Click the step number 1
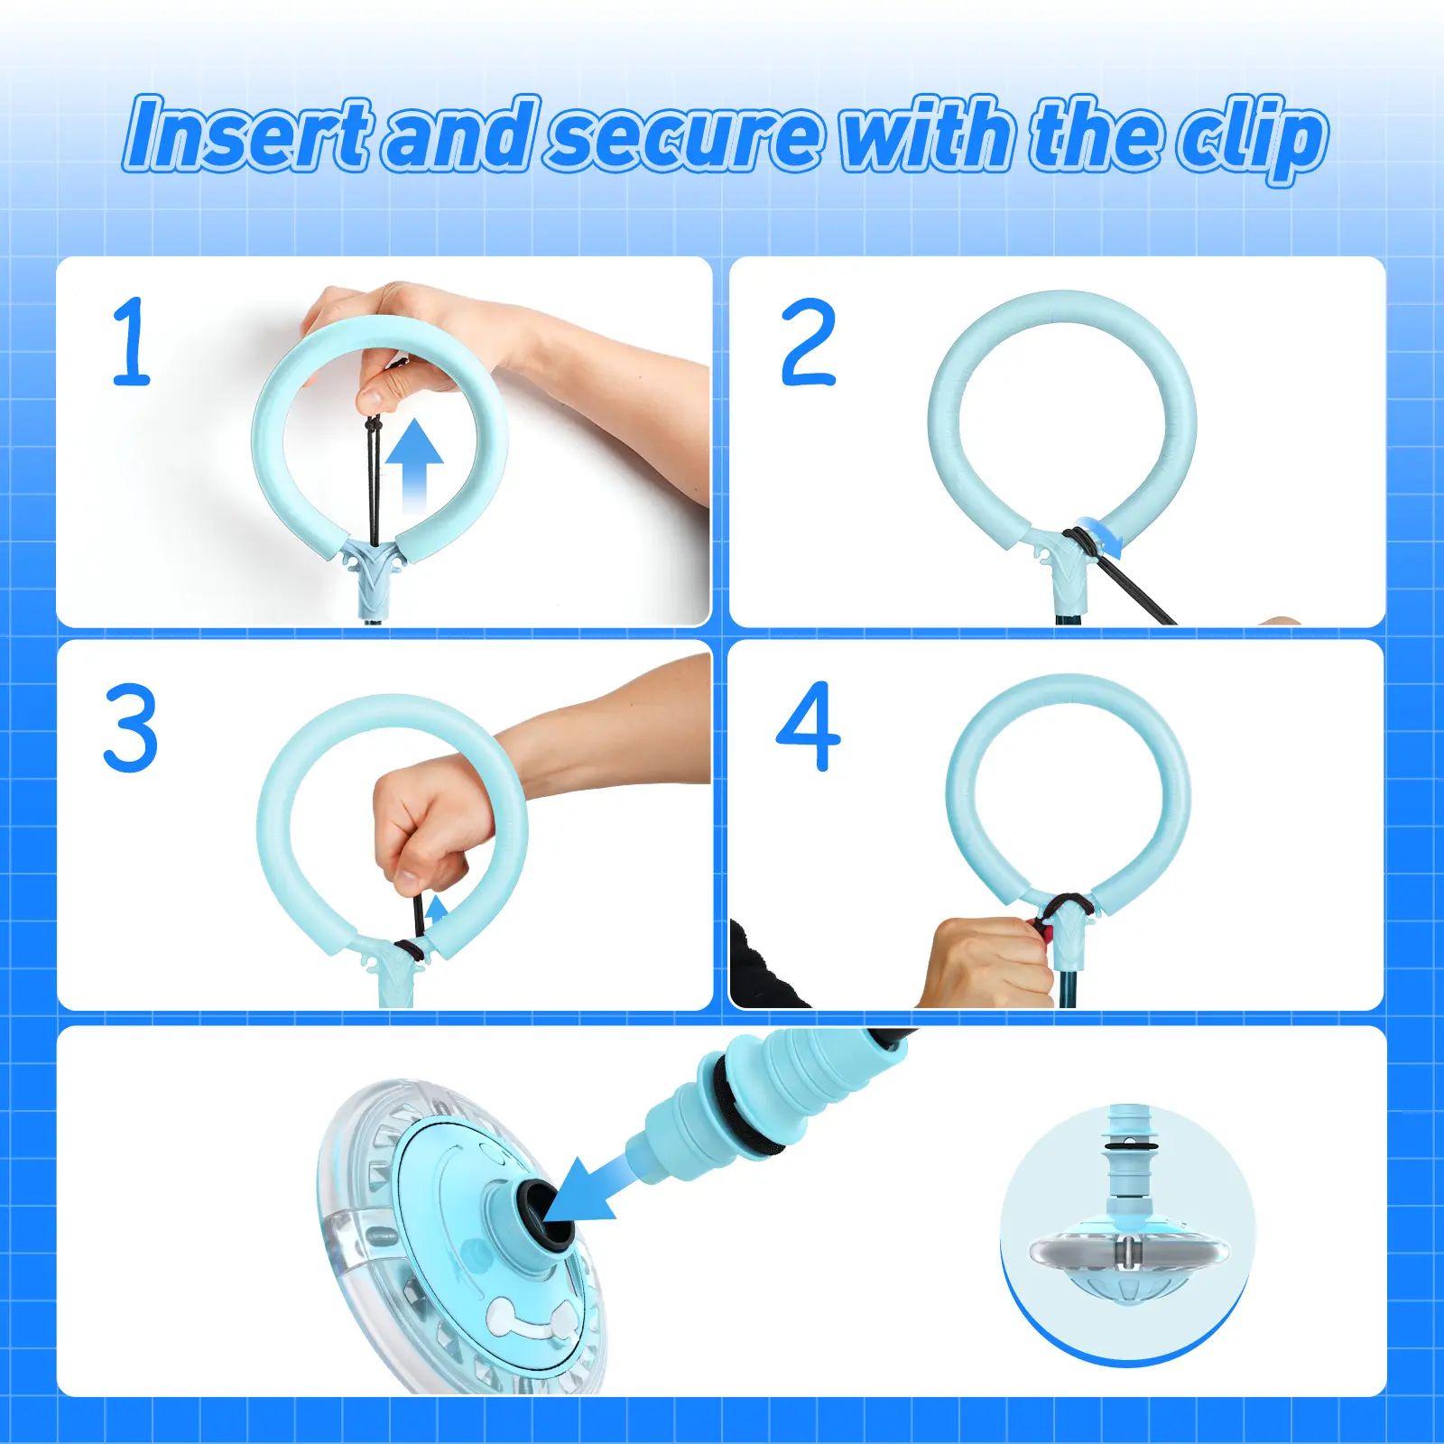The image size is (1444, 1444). point(132,341)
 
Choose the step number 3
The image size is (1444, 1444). point(131,727)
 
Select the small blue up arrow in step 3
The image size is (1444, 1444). point(437,910)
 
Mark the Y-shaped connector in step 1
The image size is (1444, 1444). point(374,570)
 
